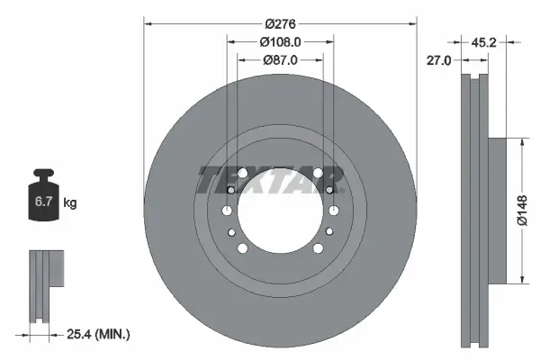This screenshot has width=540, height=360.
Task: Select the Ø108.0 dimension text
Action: [x=280, y=41]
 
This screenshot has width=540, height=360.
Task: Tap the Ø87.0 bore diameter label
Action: [x=280, y=59]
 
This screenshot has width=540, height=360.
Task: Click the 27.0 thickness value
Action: [x=440, y=60]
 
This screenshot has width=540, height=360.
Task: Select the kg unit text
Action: [x=69, y=203]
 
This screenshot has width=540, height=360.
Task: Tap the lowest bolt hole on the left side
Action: [x=243, y=248]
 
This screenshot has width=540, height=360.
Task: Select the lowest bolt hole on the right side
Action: [x=318, y=248]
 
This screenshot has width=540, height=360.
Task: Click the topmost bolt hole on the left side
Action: [x=231, y=190]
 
